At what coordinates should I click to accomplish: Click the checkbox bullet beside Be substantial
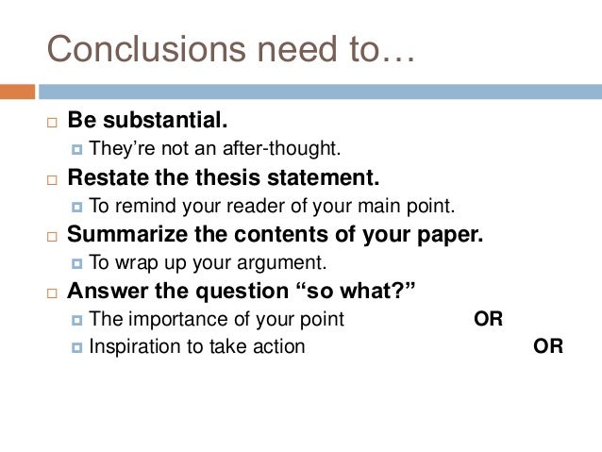(52, 123)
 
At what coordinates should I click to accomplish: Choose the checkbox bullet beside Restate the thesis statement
(52, 178)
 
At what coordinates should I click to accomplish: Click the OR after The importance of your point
(488, 319)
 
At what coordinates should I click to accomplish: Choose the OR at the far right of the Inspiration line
(548, 346)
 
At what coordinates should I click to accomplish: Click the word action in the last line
(279, 346)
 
